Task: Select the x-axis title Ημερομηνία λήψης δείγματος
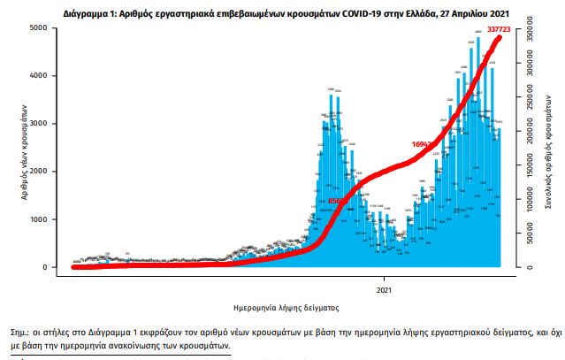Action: point(282,307)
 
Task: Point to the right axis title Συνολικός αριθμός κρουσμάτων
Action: point(549,149)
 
